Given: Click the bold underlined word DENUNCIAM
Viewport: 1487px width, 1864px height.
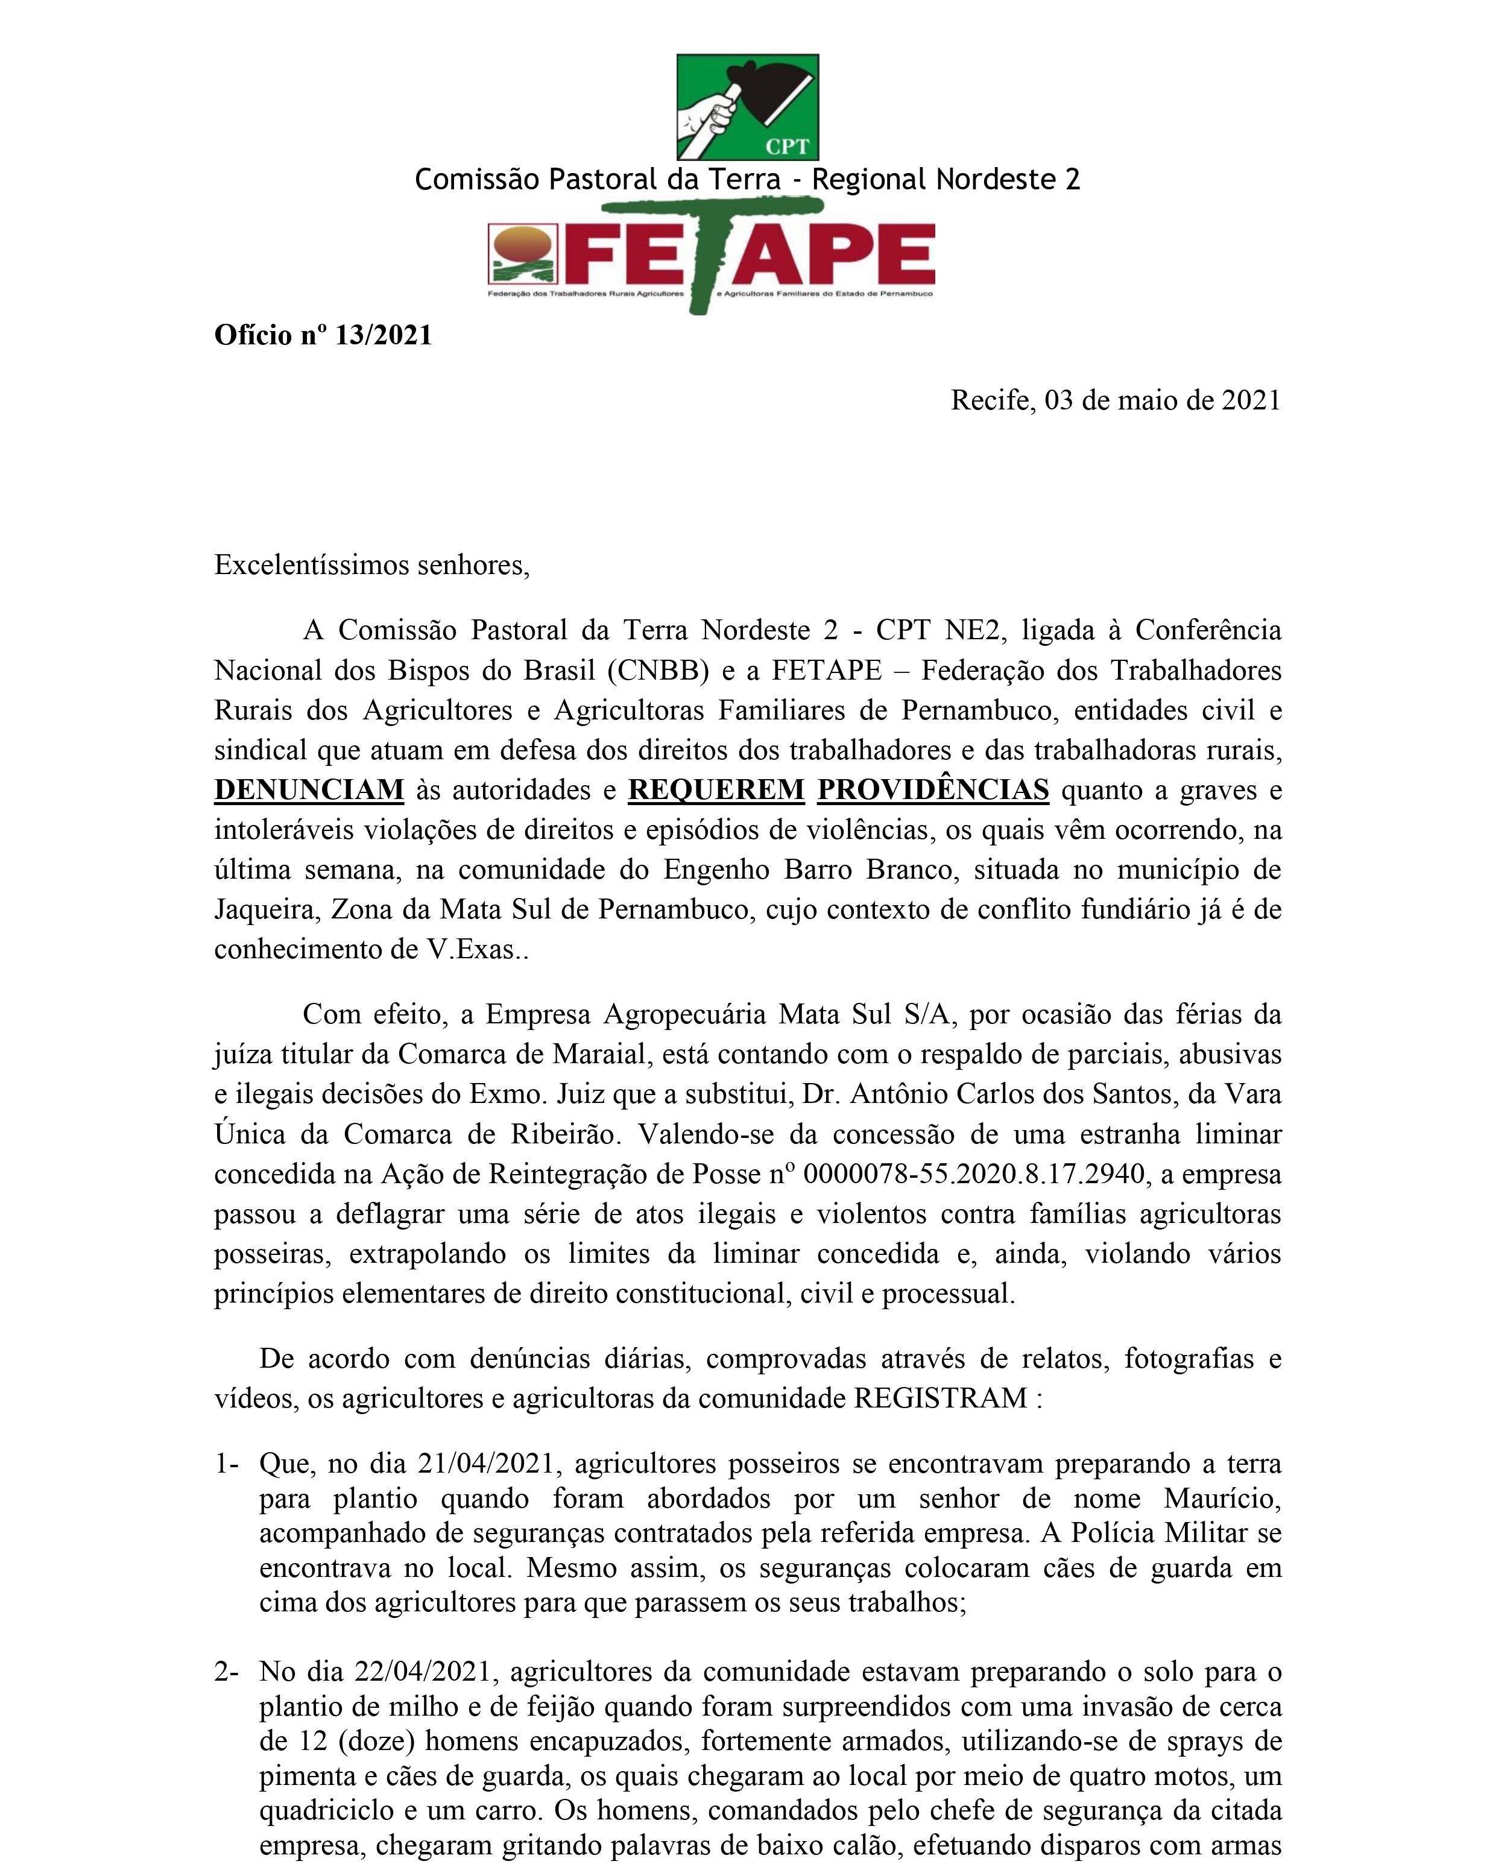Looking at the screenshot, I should (309, 790).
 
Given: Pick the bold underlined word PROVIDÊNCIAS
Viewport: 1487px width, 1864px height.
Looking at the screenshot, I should (933, 790).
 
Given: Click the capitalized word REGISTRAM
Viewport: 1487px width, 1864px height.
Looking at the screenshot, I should (941, 1398).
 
